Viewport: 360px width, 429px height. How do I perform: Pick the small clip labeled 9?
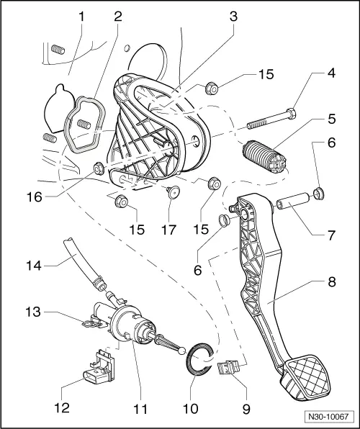coord(230,369)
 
